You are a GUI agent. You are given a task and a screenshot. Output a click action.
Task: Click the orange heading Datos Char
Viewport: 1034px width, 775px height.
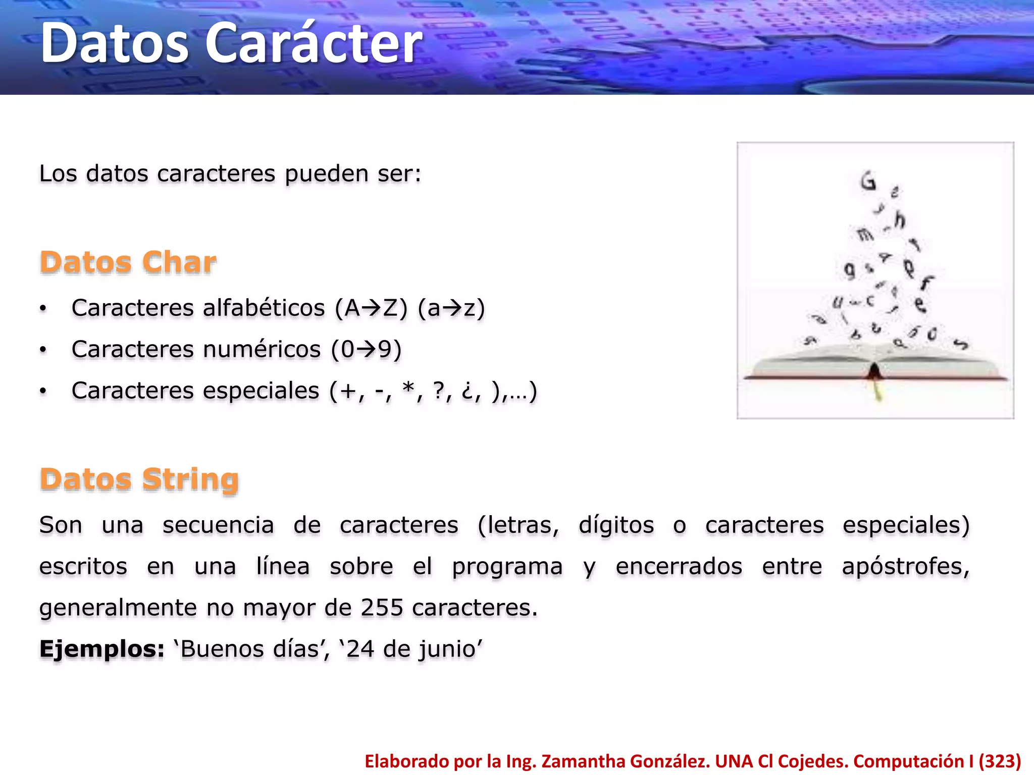[128, 262]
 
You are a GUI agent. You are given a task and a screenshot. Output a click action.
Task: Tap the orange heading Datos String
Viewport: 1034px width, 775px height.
[139, 479]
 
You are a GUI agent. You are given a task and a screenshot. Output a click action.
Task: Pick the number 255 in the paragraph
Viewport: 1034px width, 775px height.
[382, 607]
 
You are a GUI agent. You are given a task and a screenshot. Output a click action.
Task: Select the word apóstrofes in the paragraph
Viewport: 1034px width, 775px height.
[906, 566]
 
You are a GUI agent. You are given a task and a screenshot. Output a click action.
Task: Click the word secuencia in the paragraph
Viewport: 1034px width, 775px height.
[218, 525]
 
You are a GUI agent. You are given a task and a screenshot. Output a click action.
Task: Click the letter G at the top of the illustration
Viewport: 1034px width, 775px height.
[868, 181]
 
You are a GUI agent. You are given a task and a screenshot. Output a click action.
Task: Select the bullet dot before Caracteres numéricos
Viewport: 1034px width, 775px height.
[43, 349]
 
